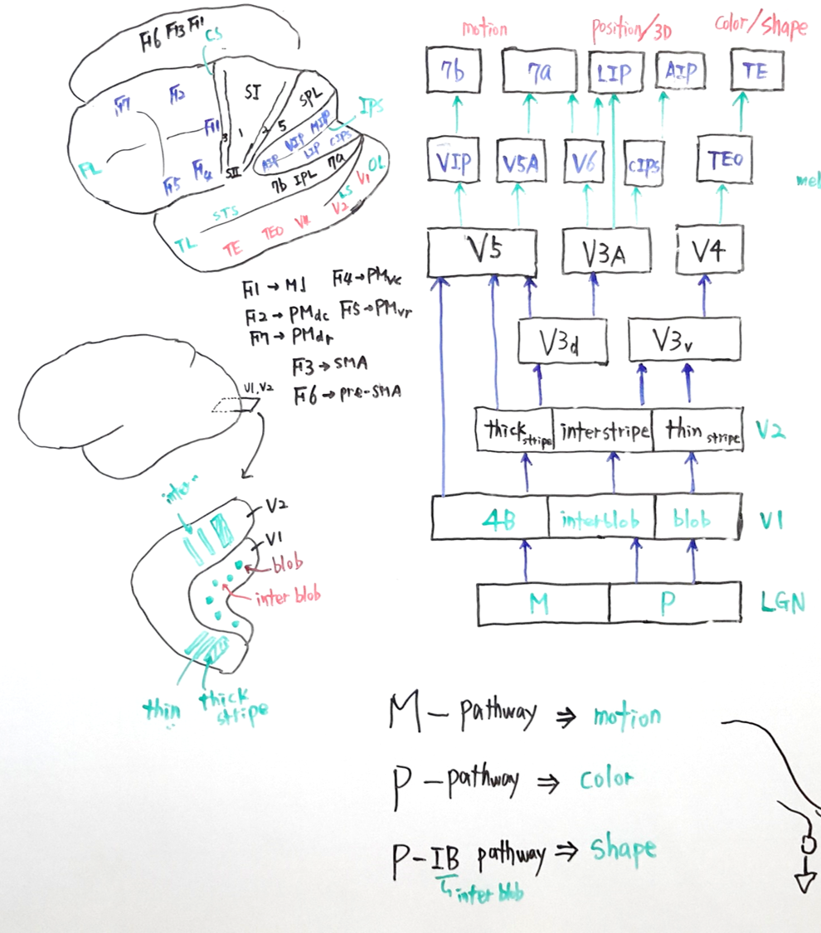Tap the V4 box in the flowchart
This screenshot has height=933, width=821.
click(x=709, y=249)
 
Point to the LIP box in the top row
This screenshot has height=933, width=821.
click(x=613, y=73)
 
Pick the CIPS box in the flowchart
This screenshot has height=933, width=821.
click(x=643, y=168)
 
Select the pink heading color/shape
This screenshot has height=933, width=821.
click(x=760, y=27)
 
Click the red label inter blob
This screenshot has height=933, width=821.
click(x=287, y=596)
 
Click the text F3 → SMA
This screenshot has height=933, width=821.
click(x=329, y=364)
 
